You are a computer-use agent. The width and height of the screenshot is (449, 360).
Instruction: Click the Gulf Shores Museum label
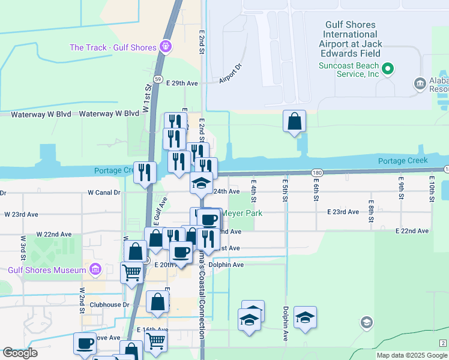click(47, 270)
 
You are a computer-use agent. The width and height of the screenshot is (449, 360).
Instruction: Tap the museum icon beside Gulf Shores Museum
click(95, 270)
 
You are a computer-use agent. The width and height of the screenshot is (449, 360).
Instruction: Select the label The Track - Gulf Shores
click(112, 47)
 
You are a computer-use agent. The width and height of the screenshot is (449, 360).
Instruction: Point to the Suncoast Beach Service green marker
click(388, 68)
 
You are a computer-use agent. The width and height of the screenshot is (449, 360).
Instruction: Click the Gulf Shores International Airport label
click(351, 38)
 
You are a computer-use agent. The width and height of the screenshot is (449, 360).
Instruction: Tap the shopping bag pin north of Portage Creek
click(295, 122)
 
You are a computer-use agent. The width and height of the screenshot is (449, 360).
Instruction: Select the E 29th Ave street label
click(182, 83)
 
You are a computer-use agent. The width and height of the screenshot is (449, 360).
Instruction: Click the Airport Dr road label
click(230, 74)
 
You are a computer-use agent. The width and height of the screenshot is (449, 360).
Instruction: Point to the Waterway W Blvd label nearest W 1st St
click(101, 113)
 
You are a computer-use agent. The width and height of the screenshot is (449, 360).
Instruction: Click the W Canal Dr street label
click(104, 193)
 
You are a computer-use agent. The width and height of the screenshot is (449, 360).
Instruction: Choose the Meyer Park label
click(238, 213)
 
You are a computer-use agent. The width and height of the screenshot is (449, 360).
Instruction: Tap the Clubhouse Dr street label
click(109, 304)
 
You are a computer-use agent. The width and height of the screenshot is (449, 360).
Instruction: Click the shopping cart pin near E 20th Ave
click(132, 273)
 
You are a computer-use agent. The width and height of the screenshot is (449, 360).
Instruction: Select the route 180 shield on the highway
click(318, 172)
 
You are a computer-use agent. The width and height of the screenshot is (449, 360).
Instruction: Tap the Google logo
click(20, 353)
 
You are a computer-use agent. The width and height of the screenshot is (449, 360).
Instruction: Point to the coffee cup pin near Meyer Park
click(209, 220)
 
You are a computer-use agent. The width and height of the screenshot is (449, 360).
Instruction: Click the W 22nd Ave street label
click(53, 234)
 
